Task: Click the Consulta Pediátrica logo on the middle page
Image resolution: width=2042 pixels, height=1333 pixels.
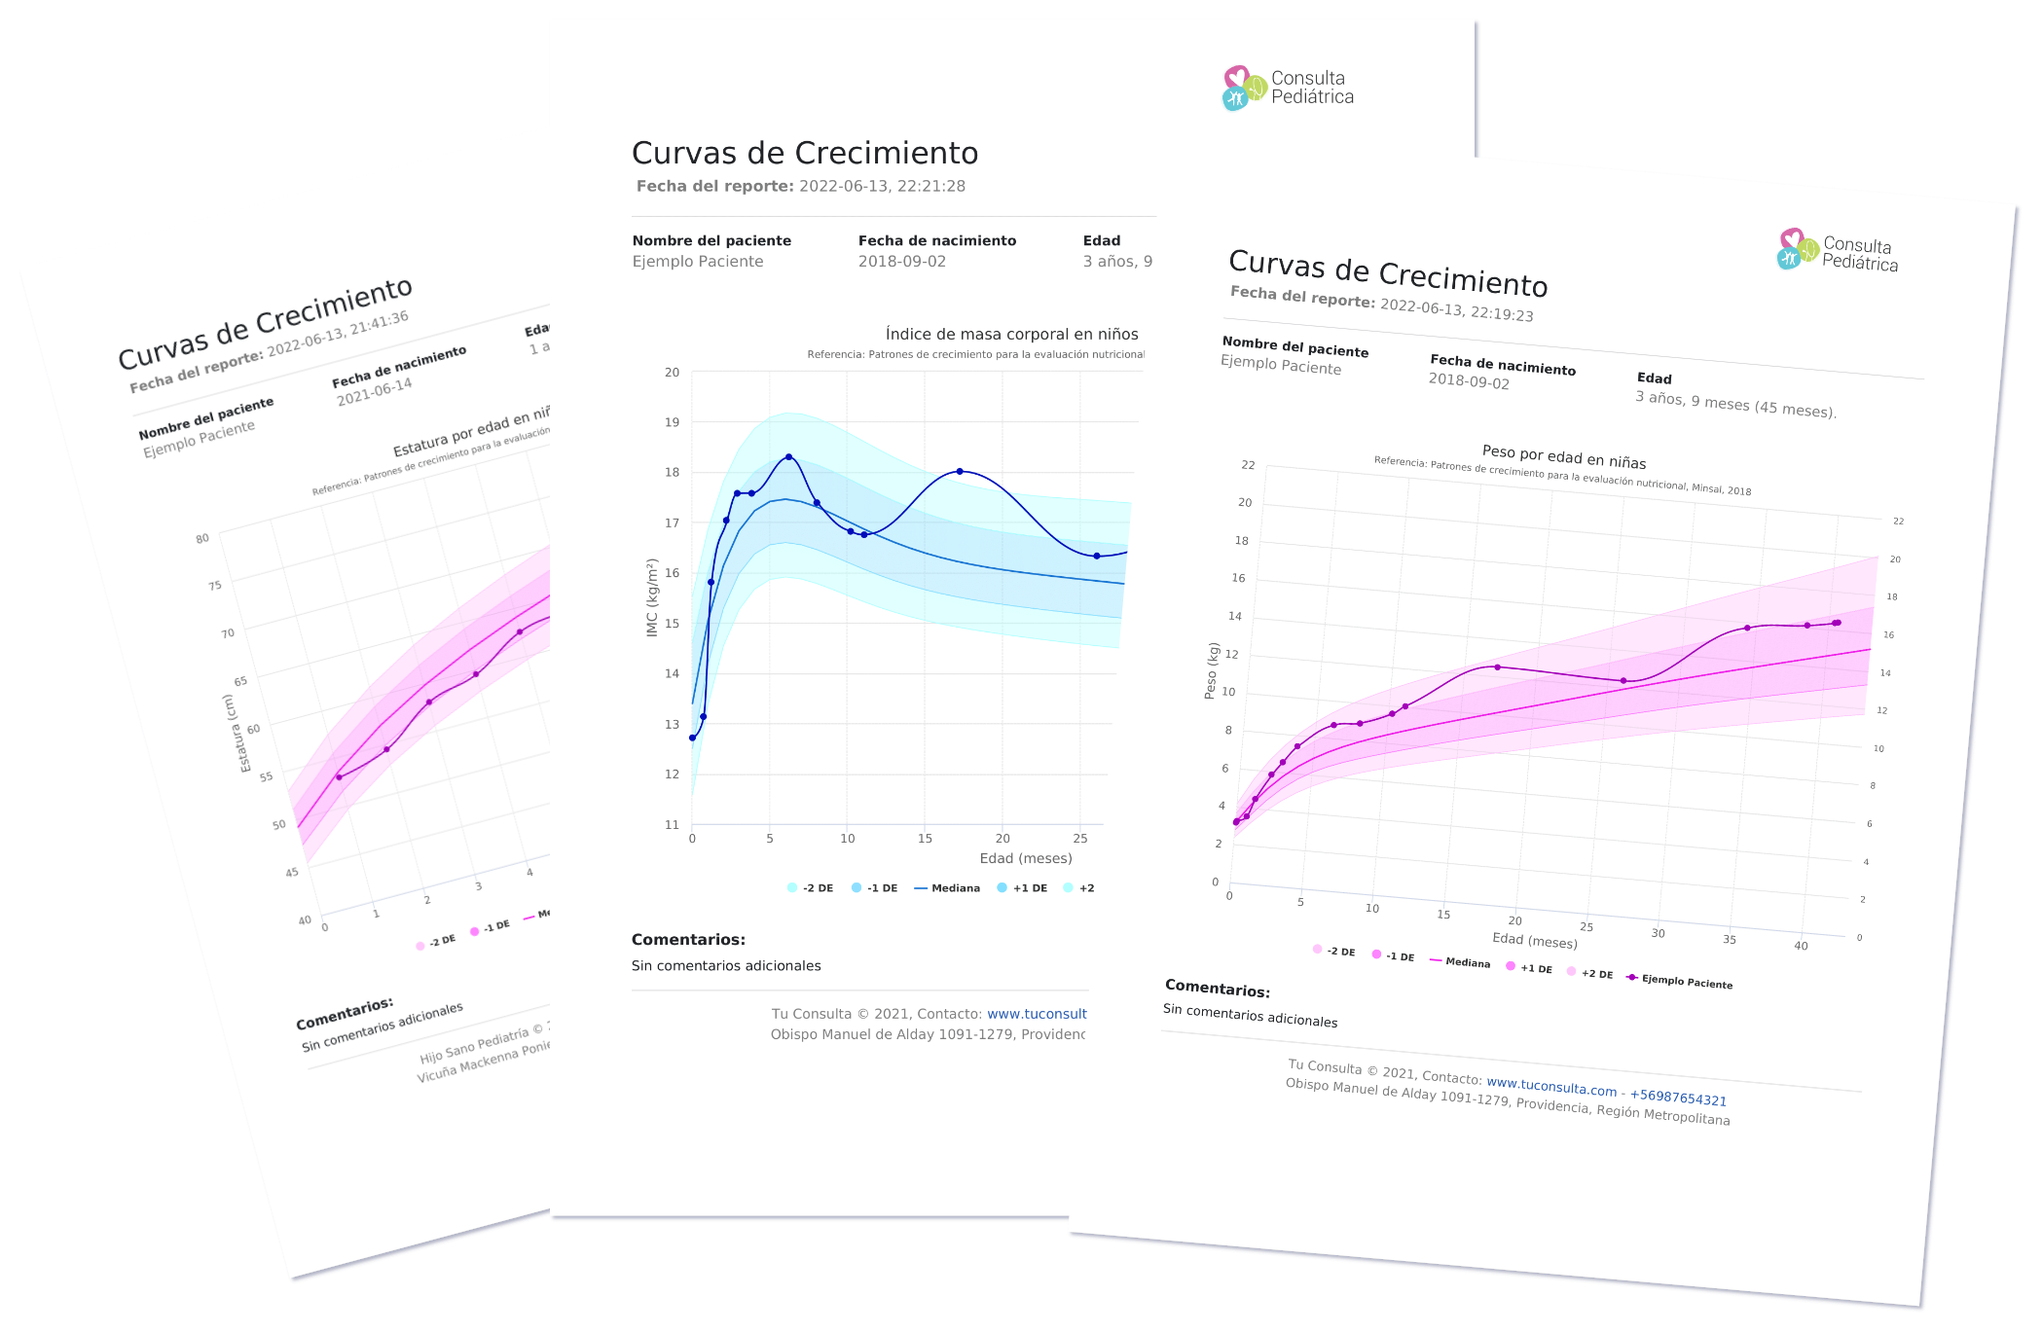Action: [x=1287, y=88]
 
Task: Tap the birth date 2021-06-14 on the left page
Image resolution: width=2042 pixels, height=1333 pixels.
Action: [x=375, y=392]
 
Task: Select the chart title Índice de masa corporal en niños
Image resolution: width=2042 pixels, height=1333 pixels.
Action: [x=1011, y=335]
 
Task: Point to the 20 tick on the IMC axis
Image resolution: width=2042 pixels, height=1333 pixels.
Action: [x=672, y=373]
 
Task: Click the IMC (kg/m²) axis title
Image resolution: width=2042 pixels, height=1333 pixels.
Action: [x=653, y=597]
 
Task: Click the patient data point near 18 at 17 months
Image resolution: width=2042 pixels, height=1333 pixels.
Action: [x=960, y=471]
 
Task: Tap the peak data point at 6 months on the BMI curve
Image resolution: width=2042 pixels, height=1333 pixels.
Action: [x=788, y=456]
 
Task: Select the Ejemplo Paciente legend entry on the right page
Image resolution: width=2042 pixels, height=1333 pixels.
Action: [x=1686, y=982]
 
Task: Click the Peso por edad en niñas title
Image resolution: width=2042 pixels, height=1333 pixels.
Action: [x=1563, y=456]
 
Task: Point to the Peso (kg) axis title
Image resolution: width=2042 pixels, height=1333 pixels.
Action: [x=1212, y=670]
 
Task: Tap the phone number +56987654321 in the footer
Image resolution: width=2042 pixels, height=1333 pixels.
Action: [x=1678, y=1098]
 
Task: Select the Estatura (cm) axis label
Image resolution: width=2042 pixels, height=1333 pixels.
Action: [x=234, y=734]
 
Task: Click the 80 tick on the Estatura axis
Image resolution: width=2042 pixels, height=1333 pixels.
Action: [x=202, y=538]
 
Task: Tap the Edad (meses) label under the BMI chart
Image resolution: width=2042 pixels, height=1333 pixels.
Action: [x=1025, y=858]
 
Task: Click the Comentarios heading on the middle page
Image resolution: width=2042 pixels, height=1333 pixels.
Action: [x=688, y=940]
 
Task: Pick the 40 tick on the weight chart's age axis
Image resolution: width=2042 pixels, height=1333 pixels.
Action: [x=1801, y=946]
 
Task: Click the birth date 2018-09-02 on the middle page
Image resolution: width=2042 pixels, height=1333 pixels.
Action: [x=901, y=262]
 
